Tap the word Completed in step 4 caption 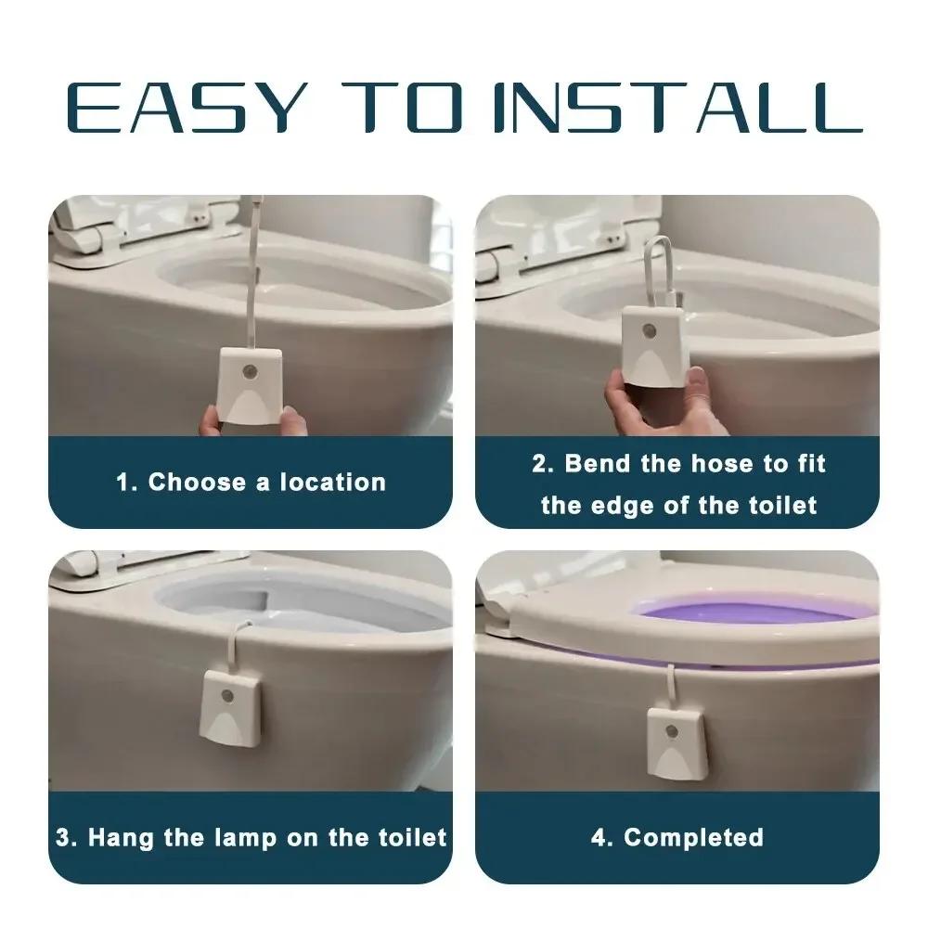click(x=693, y=837)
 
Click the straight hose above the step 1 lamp click(x=252, y=278)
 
